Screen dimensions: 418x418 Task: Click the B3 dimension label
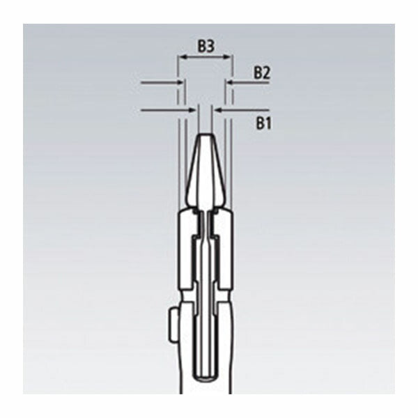[x=205, y=47]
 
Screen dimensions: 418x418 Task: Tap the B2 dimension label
[x=261, y=72]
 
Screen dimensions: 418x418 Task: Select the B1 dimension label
[x=261, y=124]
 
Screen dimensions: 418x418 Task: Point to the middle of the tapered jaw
[x=205, y=171]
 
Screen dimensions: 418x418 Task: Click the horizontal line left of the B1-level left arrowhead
[x=164, y=109]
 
